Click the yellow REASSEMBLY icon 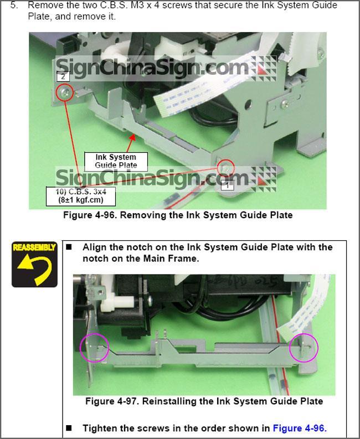34,264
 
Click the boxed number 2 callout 63,76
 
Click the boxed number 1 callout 227,185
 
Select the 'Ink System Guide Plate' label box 116,161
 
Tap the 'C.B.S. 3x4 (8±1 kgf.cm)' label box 81,196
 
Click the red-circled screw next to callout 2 65,92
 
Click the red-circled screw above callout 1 225,168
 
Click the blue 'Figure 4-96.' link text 300,428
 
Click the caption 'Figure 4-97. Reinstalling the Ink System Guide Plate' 204,401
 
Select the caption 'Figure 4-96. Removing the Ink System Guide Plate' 178,215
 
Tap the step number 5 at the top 13,6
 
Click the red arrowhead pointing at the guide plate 133,138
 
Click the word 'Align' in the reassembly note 94,247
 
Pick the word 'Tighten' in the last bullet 100,428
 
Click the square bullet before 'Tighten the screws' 69,428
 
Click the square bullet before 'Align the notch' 69,247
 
